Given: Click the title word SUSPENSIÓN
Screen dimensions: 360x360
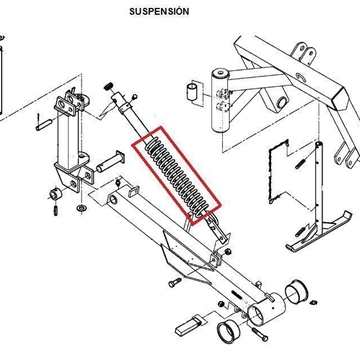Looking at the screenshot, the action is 159,11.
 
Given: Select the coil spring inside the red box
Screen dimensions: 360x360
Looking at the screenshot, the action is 177,176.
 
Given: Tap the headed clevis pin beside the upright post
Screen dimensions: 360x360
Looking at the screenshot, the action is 111,161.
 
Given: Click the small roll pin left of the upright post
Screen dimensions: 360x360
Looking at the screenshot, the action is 43,124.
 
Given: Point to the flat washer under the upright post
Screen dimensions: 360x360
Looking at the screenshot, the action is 80,208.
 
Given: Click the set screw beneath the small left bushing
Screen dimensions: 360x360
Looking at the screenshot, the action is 56,210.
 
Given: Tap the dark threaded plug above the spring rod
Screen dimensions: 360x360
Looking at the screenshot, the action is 108,87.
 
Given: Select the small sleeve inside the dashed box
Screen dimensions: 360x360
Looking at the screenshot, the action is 192,92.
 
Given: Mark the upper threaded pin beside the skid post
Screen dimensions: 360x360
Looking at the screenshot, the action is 300,164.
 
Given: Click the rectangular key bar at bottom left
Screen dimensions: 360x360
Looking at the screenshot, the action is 188,326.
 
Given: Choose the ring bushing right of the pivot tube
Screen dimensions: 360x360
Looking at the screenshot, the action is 296,292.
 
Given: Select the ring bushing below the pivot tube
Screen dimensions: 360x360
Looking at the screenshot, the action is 228,332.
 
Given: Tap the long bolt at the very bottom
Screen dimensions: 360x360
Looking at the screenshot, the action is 260,334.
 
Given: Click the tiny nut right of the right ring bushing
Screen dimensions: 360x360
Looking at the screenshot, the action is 313,302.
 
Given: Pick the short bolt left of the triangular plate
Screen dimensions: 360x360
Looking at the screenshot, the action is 175,283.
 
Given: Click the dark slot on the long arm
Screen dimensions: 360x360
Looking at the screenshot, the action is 237,295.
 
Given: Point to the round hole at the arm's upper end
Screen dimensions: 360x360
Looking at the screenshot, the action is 113,200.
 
